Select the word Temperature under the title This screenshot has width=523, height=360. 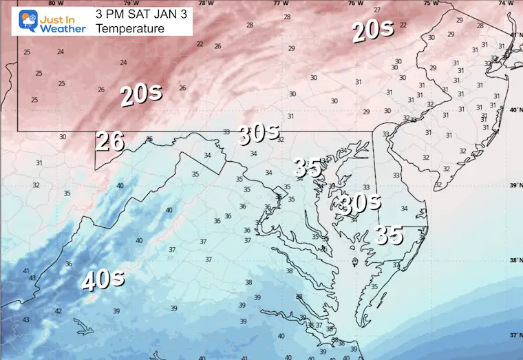point(130,28)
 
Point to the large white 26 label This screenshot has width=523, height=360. point(109,141)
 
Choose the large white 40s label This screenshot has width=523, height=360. point(103,279)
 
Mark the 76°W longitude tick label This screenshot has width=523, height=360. point(355,3)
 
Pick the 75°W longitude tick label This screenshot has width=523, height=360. point(431,3)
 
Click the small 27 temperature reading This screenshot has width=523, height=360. point(376,10)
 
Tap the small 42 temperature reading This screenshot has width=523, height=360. point(58,311)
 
